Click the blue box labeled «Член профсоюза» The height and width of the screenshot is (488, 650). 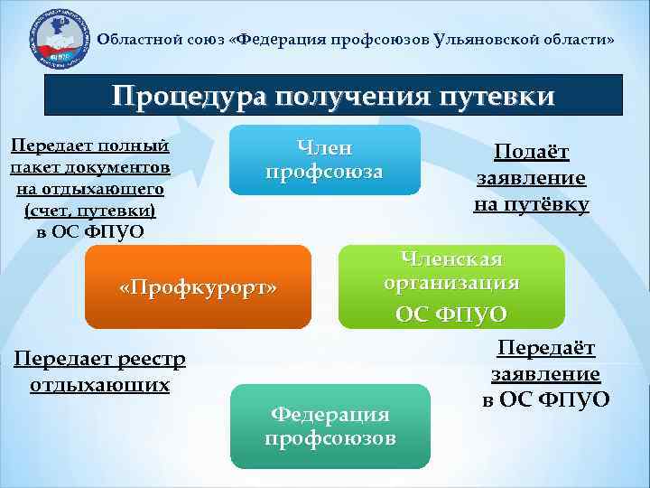click(324, 160)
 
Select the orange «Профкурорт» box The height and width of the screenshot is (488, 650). click(197, 288)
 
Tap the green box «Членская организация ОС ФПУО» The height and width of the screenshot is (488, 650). click(451, 286)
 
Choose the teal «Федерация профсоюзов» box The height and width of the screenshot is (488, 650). click(330, 426)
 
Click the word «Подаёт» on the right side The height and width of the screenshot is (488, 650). click(531, 154)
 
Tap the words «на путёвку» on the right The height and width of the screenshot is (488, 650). click(531, 204)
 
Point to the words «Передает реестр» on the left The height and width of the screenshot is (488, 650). click(100, 360)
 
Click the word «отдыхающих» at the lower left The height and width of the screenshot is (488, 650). click(100, 384)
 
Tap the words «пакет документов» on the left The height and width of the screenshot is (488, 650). click(88, 169)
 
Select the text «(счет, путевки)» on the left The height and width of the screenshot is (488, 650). click(88, 211)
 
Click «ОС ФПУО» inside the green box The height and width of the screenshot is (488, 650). click(451, 314)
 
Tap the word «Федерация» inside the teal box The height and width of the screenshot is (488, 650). click(330, 414)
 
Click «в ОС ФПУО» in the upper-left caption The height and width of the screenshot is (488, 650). click(88, 231)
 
